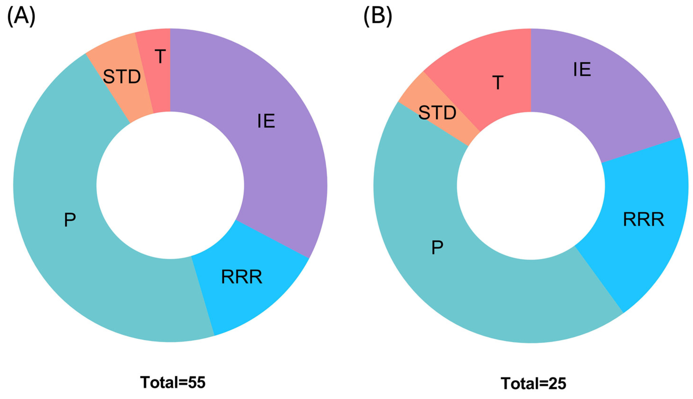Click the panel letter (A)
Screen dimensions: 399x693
(21, 17)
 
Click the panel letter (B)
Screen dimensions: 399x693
(378, 17)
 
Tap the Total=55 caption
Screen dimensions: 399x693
(173, 383)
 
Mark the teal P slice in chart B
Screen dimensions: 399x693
(439, 260)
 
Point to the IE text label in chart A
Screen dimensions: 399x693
(266, 121)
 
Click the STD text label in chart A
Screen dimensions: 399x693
(122, 77)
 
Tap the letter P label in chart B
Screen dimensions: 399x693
(437, 248)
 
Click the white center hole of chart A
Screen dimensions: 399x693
(170, 185)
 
